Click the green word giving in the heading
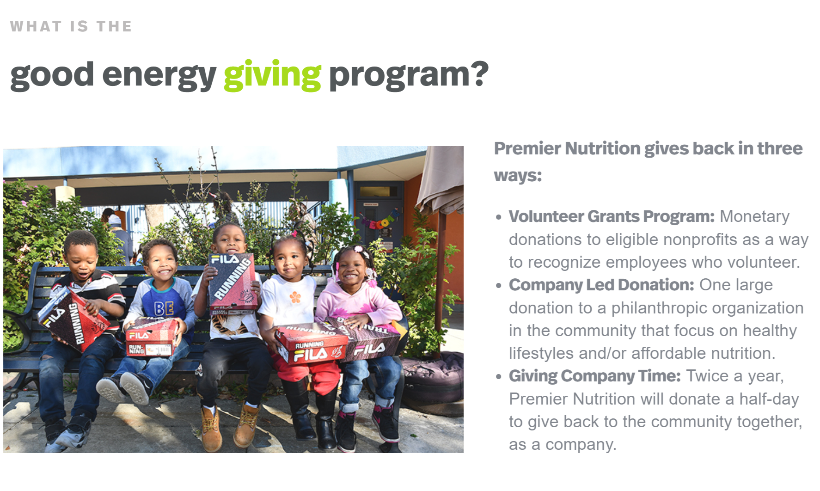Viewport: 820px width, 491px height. tap(272, 75)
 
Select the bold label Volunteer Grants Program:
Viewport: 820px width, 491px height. tap(612, 216)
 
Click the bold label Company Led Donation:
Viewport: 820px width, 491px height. tap(601, 285)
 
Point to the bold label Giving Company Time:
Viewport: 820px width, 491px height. tap(594, 376)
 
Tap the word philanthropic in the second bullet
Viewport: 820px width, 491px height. tap(660, 308)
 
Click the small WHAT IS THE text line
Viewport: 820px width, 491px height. tap(71, 26)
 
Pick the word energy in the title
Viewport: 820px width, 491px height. tap(159, 75)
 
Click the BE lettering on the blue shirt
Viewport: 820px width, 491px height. tap(164, 308)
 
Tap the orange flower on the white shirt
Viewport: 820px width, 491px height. tap(295, 297)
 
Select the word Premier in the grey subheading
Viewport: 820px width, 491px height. tap(527, 149)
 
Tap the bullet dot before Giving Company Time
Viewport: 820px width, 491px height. tap(498, 377)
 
